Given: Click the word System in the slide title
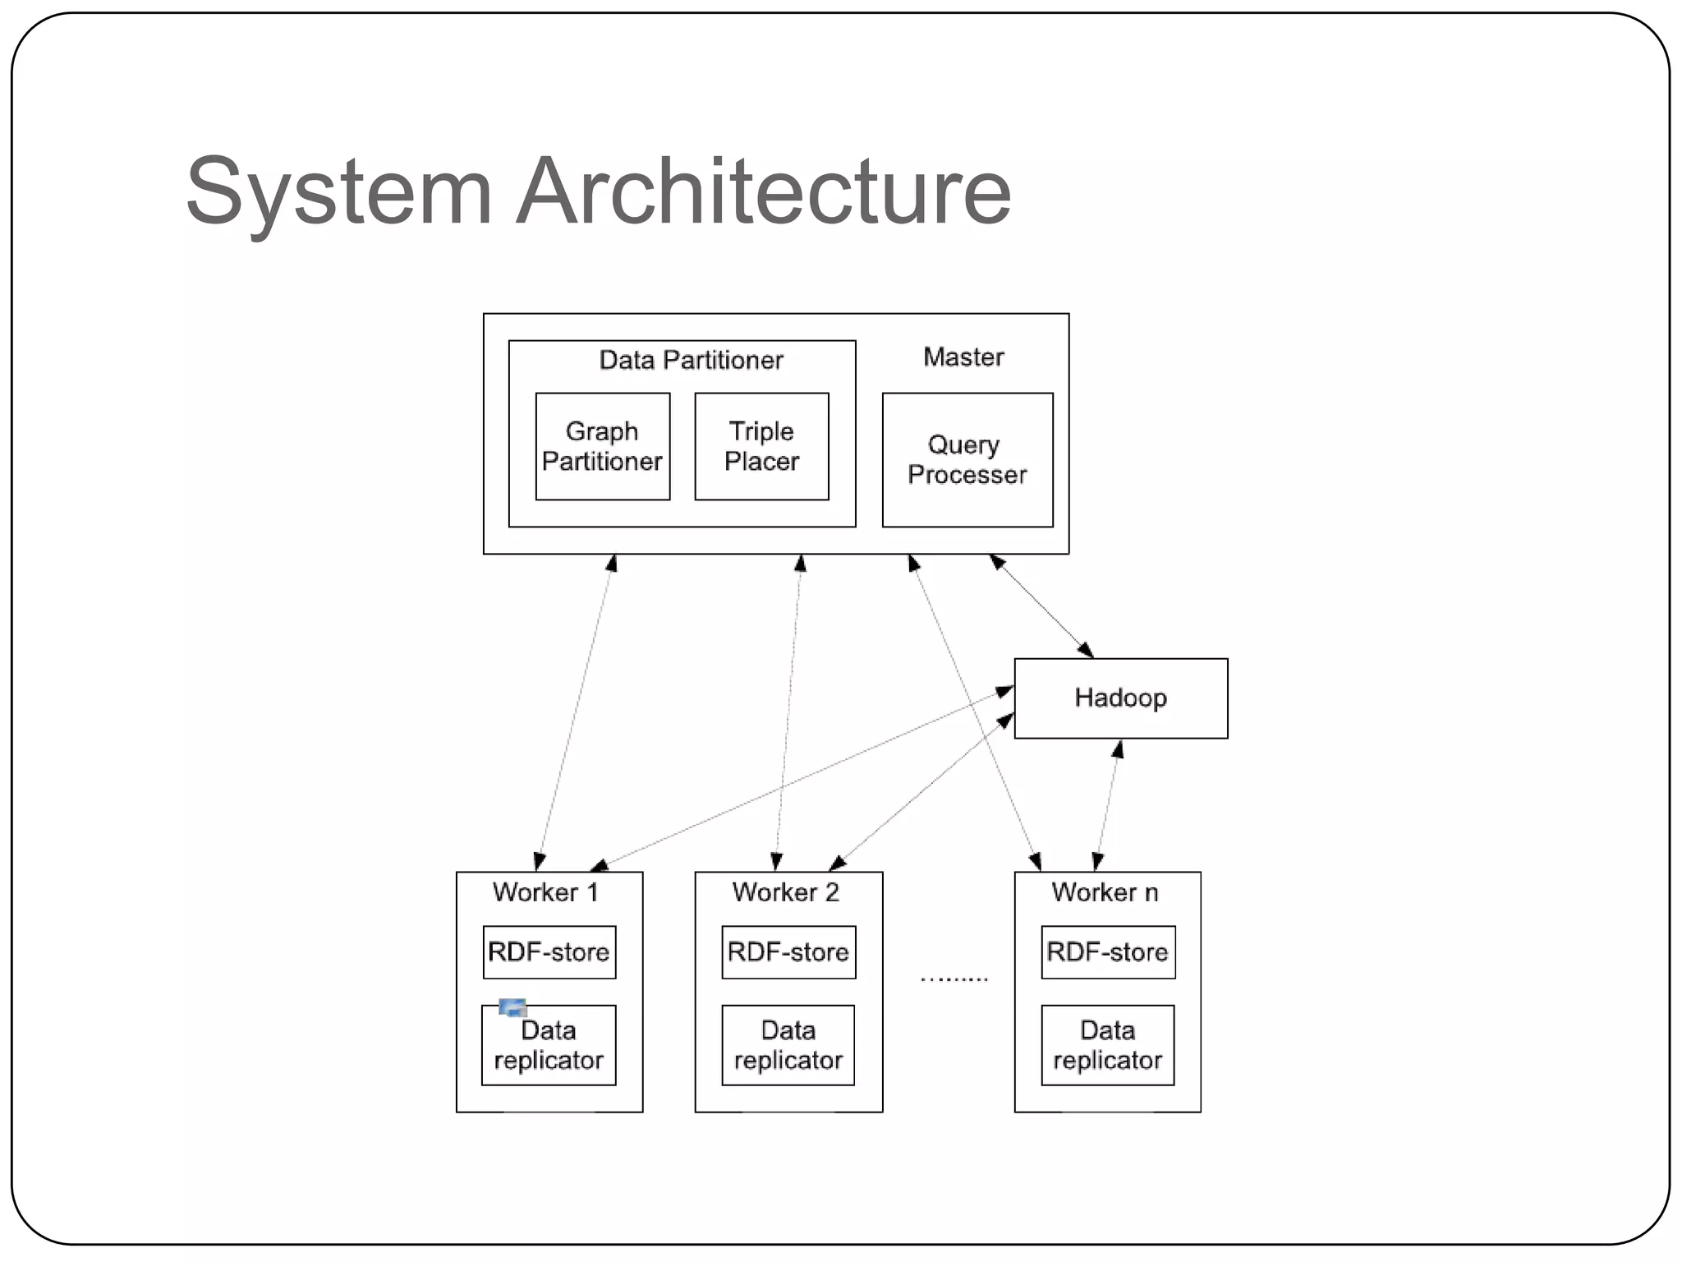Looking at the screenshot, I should pyautogui.click(x=338, y=193).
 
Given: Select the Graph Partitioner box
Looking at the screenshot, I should pyautogui.click(x=602, y=446).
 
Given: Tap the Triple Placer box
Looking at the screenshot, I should pyautogui.click(x=761, y=446).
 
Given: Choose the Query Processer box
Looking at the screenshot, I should pyautogui.click(x=967, y=459).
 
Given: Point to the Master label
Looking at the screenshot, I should pyautogui.click(x=963, y=357).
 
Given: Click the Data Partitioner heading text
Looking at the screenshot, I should pyautogui.click(x=691, y=360).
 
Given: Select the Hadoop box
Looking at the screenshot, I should pyautogui.click(x=1120, y=698).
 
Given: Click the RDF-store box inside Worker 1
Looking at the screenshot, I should pyautogui.click(x=549, y=952).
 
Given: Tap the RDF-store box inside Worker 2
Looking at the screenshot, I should pyautogui.click(x=788, y=952).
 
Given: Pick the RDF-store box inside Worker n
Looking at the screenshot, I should pyautogui.click(x=1107, y=952).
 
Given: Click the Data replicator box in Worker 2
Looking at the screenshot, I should pyautogui.click(x=788, y=1045).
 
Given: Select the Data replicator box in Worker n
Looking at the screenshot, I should pyautogui.click(x=1107, y=1045).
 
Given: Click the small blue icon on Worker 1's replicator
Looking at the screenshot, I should pyautogui.click(x=512, y=1007).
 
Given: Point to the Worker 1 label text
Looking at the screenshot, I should pyautogui.click(x=545, y=892).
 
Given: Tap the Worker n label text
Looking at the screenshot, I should pyautogui.click(x=1105, y=892).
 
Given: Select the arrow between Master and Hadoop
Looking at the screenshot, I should pyautogui.click(x=1041, y=606).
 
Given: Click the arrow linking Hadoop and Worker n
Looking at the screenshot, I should pyautogui.click(x=1107, y=805).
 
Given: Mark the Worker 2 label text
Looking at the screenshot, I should pyautogui.click(x=785, y=892).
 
